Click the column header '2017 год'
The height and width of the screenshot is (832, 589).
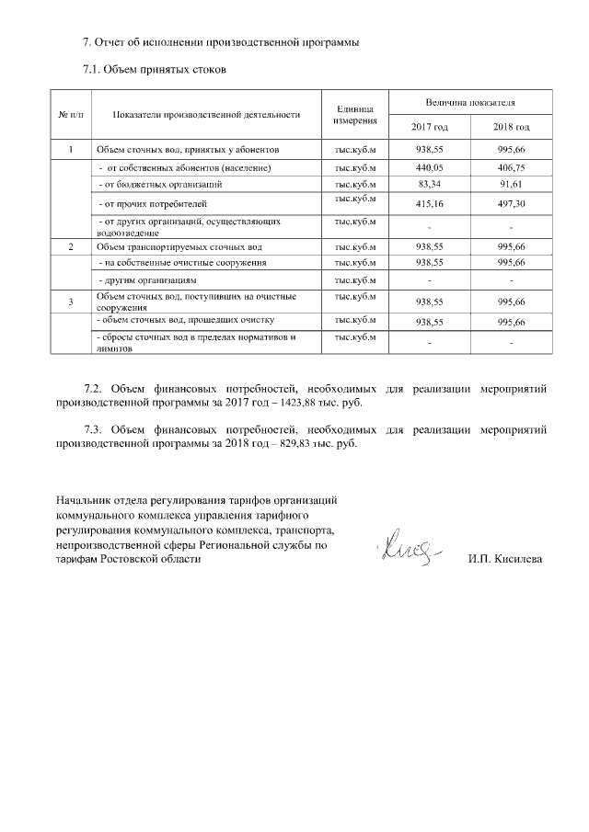coord(430,126)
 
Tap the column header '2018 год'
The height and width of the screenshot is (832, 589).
coord(511,126)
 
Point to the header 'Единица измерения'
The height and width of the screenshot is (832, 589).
coord(356,115)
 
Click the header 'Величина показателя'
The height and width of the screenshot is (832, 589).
coord(470,101)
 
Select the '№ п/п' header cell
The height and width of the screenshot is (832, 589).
coord(71,115)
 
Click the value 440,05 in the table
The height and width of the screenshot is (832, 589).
coord(430,168)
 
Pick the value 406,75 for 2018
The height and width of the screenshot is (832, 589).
coord(511,168)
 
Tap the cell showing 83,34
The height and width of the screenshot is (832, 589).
coord(430,185)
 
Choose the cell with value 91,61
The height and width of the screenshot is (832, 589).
coord(511,185)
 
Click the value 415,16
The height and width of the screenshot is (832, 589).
coord(430,203)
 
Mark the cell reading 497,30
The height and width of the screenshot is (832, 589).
coord(511,203)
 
